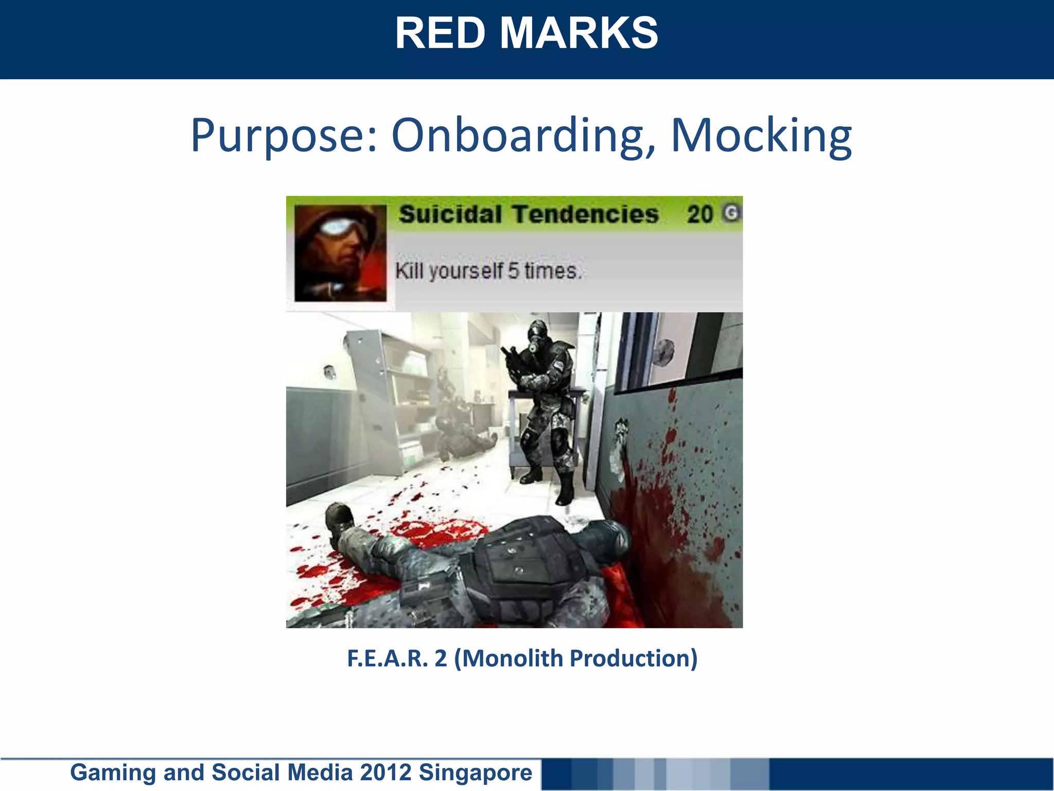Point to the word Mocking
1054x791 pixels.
point(761,135)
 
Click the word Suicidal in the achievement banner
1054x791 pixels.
point(450,214)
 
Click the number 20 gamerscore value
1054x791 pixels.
point(699,214)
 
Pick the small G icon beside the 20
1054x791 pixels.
point(731,213)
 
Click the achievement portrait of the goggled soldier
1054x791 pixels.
point(340,253)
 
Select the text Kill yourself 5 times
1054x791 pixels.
point(488,270)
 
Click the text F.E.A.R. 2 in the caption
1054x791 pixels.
point(397,658)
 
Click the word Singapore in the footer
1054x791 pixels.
point(476,772)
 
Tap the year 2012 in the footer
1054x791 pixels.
point(386,772)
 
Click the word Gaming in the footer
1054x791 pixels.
point(113,772)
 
